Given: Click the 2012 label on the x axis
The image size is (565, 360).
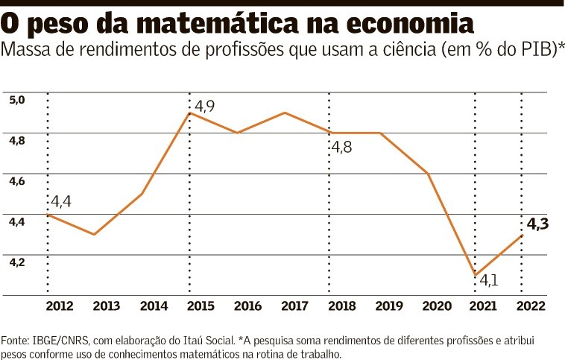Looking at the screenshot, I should pos(59,306).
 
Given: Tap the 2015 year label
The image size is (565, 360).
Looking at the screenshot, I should pos(200,306).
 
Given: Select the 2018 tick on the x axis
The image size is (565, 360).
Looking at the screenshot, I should pos(341,306).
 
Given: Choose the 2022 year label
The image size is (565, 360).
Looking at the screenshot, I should pos(531,306).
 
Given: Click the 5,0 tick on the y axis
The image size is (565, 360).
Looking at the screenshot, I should pos(17,100).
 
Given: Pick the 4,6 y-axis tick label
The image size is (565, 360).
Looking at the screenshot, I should pos(17,181).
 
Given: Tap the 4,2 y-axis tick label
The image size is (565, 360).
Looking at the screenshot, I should pos(17,262).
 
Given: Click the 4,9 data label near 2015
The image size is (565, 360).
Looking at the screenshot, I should pos(204,107).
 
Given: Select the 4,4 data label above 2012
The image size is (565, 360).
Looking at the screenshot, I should pos(62,201).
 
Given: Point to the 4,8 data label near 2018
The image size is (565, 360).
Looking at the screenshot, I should pos(341,147).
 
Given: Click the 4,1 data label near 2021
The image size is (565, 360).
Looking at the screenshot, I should pos(489,281).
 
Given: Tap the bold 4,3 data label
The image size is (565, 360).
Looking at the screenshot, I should pos(537,223).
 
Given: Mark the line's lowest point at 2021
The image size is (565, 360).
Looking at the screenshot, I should pos(475,275).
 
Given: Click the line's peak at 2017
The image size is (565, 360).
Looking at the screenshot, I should pos(285,113).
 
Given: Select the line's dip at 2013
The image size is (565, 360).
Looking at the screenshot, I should pos(95,235).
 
